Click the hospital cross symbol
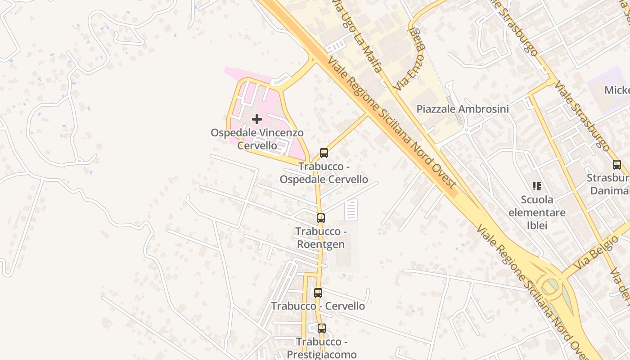pyautogui.click(x=257, y=119)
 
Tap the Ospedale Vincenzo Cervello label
pyautogui.click(x=257, y=139)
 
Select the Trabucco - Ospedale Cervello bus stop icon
pyautogui.click(x=324, y=153)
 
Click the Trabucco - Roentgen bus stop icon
pyautogui.click(x=320, y=218)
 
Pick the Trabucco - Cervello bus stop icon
pyautogui.click(x=318, y=293)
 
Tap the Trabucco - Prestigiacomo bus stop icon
pyautogui.click(x=321, y=328)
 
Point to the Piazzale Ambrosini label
pyautogui.click(x=463, y=109)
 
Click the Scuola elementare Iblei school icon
pyautogui.click(x=536, y=186)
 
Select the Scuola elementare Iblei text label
pyautogui.click(x=537, y=212)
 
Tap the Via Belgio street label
pyautogui.click(x=597, y=251)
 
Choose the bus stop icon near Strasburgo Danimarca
pyautogui.click(x=616, y=165)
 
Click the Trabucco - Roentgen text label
pyautogui.click(x=320, y=238)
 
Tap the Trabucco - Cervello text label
pyautogui.click(x=318, y=306)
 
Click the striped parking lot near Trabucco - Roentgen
pyautogui.click(x=351, y=210)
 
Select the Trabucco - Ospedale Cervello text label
pyautogui.click(x=324, y=173)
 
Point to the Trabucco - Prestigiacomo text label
pyautogui.click(x=321, y=348)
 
